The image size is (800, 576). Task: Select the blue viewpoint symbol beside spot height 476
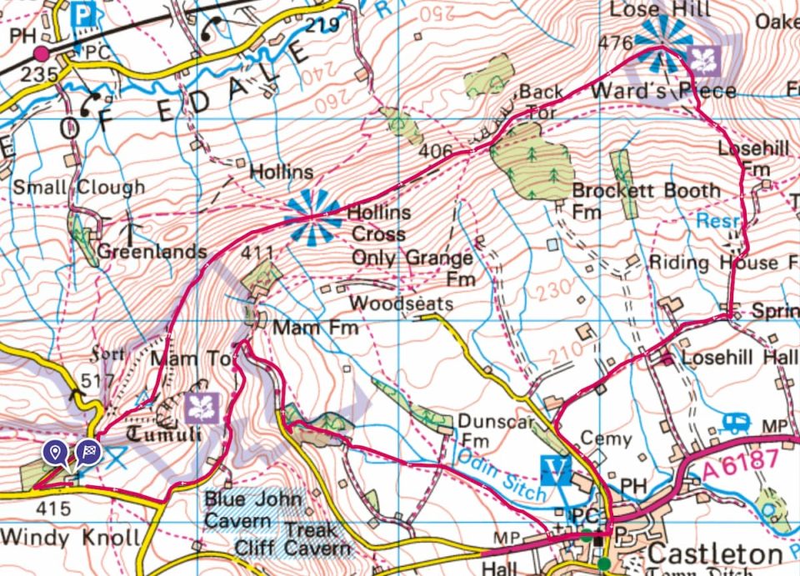click(663, 43)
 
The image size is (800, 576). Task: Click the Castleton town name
click(715, 554)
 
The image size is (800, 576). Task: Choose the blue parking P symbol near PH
click(82, 13)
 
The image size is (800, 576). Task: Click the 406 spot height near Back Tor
click(437, 152)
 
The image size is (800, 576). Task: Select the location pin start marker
click(56, 453)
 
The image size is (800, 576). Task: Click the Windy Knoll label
click(70, 538)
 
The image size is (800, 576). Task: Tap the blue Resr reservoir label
click(712, 223)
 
